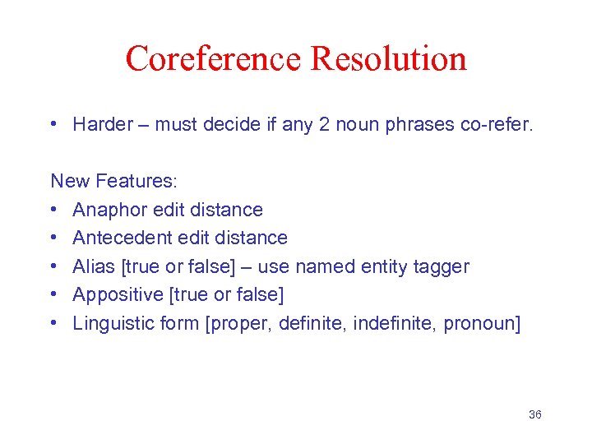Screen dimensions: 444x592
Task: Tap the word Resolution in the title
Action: pyautogui.click(x=389, y=59)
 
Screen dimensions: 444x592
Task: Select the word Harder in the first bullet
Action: pyautogui.click(x=103, y=125)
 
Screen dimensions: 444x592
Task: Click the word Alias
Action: pyautogui.click(x=92, y=266)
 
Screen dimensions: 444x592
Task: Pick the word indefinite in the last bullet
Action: pyautogui.click(x=393, y=323)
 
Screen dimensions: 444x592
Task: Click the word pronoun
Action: pyautogui.click(x=480, y=323)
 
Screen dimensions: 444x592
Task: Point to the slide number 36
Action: pyautogui.click(x=534, y=414)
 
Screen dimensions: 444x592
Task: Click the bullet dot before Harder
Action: pyautogui.click(x=54, y=125)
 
